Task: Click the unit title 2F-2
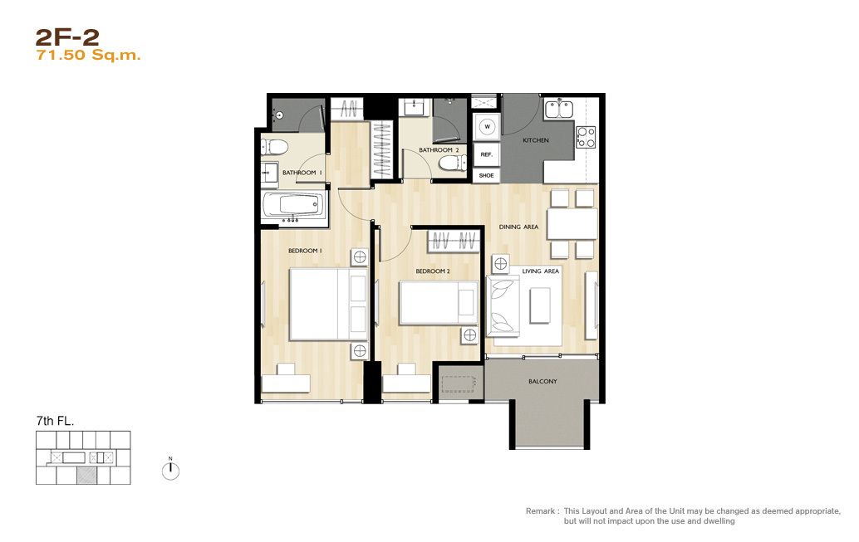67,37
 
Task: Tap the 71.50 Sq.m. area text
88,55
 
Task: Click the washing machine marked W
487,127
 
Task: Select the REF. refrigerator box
487,154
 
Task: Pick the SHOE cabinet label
487,176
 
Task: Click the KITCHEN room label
536,140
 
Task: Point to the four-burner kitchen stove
586,137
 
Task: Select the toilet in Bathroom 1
274,147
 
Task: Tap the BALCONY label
542,381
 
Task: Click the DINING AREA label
518,227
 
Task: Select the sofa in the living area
503,305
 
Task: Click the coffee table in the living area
540,305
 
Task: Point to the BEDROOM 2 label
433,271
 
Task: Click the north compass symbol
171,470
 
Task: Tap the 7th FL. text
55,421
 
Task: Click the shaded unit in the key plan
86,475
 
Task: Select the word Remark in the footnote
540,510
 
